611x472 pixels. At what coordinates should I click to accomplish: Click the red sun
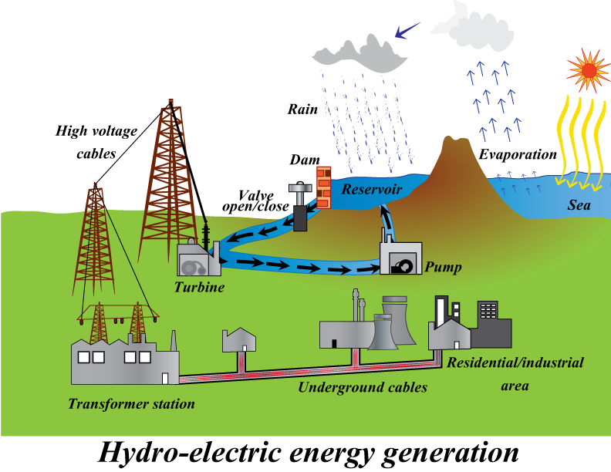point(589,71)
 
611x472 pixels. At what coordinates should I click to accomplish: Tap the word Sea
point(579,205)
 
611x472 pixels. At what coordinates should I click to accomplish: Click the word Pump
point(443,268)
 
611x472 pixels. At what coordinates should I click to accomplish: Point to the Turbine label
point(199,287)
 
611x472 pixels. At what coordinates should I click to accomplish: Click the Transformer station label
point(131,403)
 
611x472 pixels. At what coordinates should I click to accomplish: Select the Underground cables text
point(363,387)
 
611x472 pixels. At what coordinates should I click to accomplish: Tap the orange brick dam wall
point(324,185)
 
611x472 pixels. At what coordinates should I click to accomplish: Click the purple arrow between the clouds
point(407,32)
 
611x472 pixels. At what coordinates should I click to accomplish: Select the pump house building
point(400,258)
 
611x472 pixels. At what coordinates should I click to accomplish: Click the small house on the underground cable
point(238,340)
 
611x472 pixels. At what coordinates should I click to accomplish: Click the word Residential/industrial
point(515,362)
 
